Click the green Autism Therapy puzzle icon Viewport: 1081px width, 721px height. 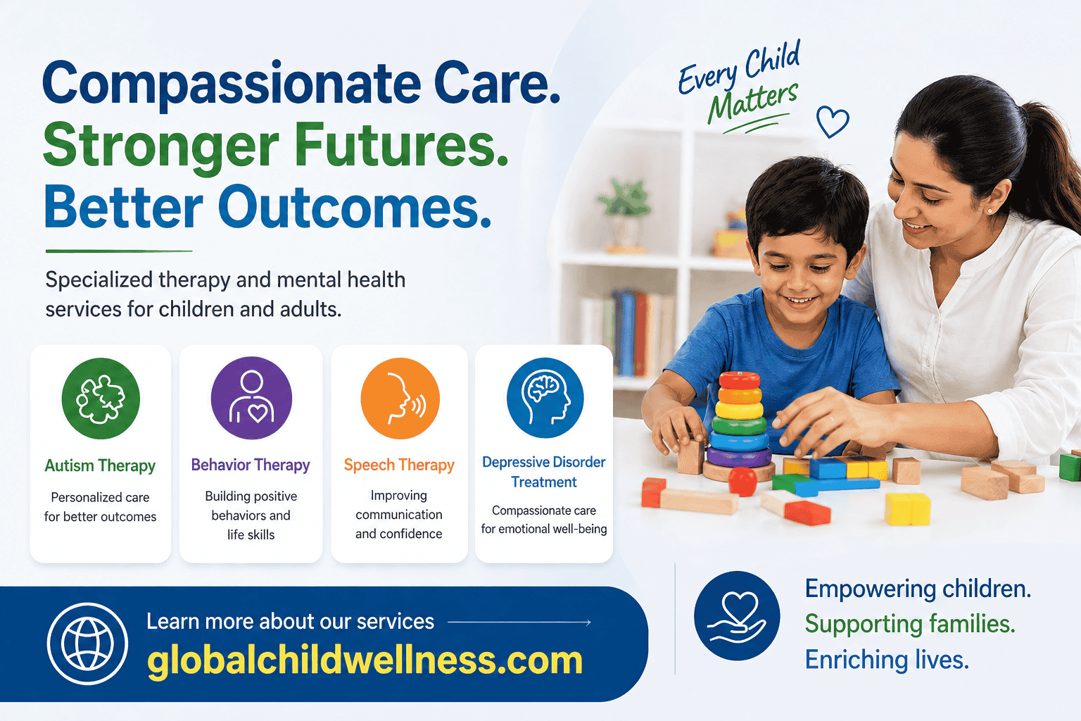[x=101, y=399]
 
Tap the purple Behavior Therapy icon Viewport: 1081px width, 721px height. [x=251, y=398]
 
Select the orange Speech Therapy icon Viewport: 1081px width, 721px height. [x=400, y=399]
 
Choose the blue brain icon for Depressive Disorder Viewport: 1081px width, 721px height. [x=545, y=398]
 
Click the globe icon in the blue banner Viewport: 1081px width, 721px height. [x=87, y=644]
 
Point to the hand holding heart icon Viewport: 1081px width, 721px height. [x=737, y=615]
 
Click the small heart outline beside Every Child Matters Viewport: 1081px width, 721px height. [x=833, y=122]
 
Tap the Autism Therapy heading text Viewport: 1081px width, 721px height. [x=100, y=465]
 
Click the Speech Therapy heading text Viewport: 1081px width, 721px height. [x=399, y=465]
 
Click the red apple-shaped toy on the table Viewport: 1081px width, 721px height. [x=742, y=482]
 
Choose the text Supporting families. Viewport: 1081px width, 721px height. [x=909, y=624]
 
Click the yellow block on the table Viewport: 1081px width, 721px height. [x=907, y=508]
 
